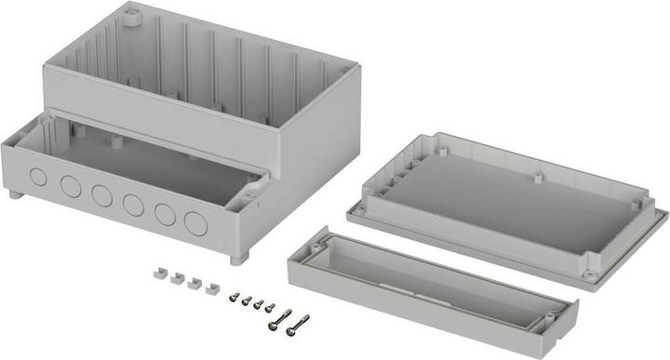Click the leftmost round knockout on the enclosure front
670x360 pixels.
[38, 177]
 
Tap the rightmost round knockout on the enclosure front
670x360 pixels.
[195, 223]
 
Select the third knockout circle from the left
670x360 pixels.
[101, 195]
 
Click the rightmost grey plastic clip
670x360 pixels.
[212, 289]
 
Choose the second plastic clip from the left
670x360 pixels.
[176, 279]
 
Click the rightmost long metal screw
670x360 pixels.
[297, 325]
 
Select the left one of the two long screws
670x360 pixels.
[280, 319]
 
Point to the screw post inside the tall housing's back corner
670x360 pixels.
[131, 16]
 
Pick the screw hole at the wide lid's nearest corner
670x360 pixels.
[589, 274]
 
